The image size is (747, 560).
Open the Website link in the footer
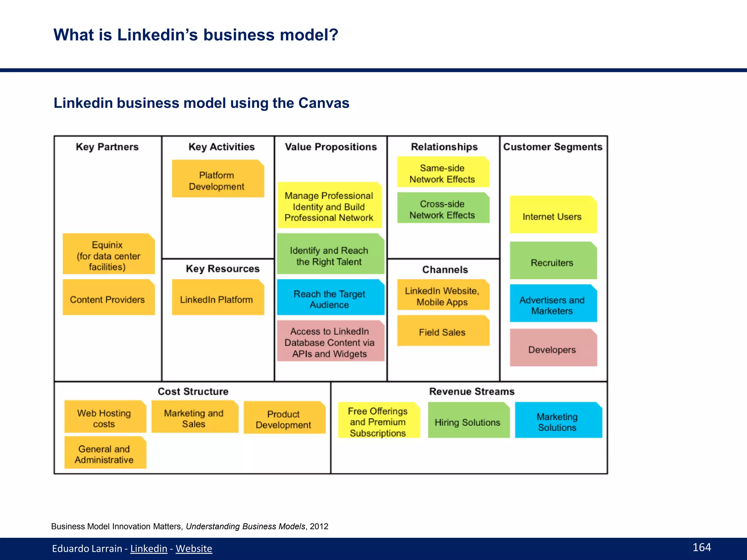pyautogui.click(x=194, y=549)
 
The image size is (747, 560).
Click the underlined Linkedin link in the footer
pyautogui.click(x=149, y=549)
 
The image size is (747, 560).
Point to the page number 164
pyautogui.click(x=701, y=547)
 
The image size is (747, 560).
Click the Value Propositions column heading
pyautogui.click(x=330, y=147)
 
